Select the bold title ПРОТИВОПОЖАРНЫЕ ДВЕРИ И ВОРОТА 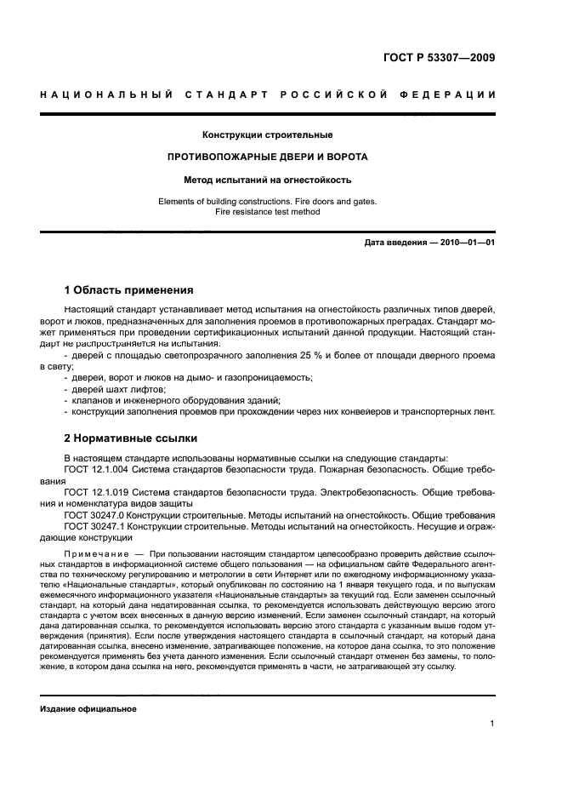click(x=267, y=157)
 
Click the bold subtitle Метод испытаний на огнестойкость click(x=267, y=180)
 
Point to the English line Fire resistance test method click(x=267, y=212)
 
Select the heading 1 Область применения click(x=129, y=289)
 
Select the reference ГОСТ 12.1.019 click(x=95, y=492)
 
